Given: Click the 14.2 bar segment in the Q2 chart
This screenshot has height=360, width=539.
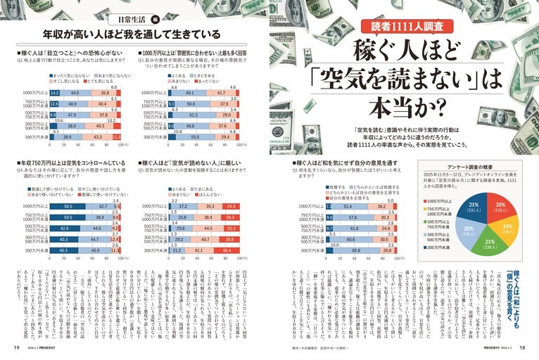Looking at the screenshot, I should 55,93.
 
